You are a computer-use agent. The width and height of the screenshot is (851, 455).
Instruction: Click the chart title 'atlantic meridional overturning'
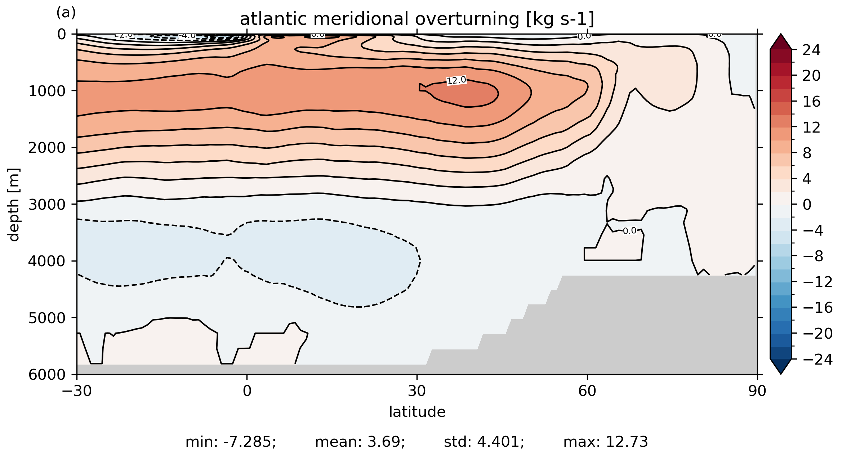(416, 19)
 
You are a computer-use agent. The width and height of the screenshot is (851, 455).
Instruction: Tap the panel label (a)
(66, 13)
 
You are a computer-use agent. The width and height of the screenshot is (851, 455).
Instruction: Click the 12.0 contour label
(456, 80)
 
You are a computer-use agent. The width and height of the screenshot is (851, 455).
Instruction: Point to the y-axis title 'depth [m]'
(14, 205)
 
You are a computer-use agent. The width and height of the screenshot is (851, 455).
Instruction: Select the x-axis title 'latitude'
(417, 412)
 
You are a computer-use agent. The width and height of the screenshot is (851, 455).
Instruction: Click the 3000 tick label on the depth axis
(47, 205)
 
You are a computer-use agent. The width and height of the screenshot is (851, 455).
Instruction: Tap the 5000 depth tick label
(47, 318)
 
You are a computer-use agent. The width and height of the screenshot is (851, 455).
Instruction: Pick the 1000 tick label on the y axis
(47, 92)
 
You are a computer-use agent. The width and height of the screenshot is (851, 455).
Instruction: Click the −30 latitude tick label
(77, 391)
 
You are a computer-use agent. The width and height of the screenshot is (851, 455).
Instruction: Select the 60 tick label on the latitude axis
(587, 391)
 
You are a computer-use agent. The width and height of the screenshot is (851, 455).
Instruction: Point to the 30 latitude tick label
(417, 391)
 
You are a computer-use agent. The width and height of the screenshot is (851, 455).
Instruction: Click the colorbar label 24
(811, 50)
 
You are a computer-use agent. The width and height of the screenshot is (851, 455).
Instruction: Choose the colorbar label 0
(807, 205)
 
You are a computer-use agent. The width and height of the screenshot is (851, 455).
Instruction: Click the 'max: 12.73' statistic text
(606, 442)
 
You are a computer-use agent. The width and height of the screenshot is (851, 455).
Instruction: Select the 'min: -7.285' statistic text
(231, 442)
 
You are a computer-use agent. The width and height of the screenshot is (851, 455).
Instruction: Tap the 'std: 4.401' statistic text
(484, 442)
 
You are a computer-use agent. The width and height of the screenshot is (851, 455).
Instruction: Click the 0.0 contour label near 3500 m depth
(629, 231)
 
